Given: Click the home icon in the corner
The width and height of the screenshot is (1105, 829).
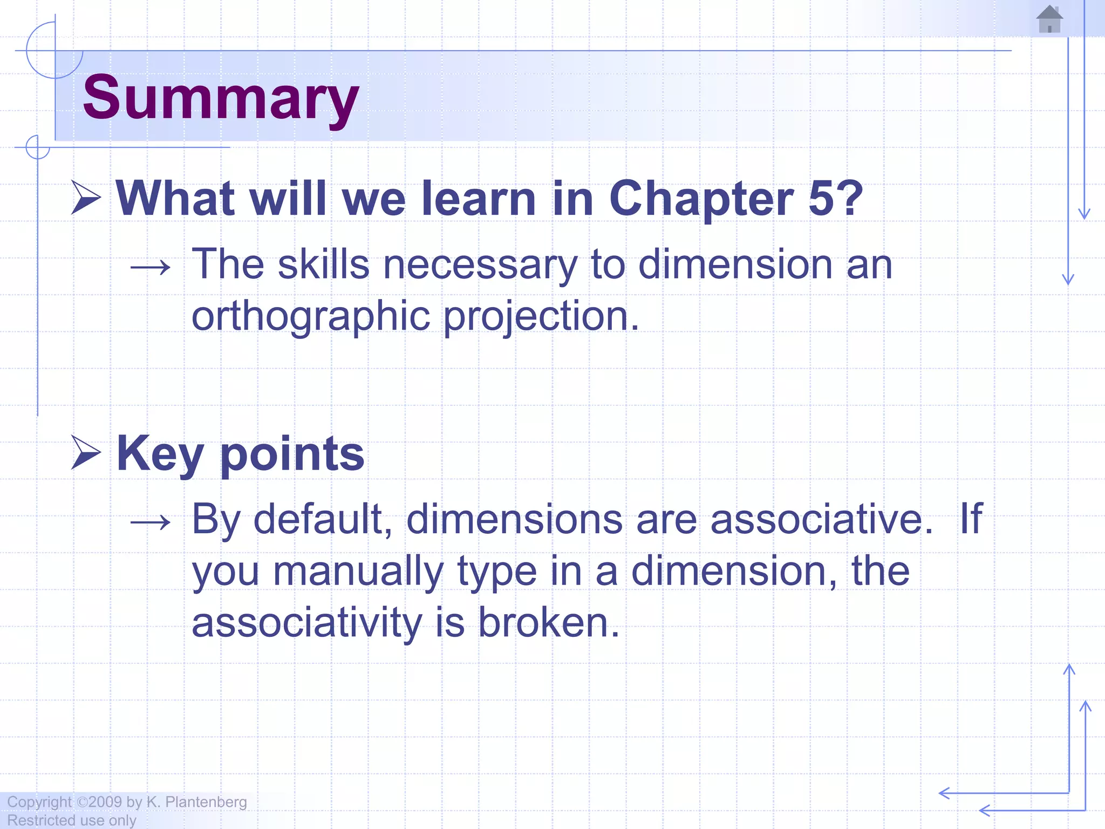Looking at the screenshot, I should [1049, 19].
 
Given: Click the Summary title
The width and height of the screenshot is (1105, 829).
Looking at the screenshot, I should [221, 98].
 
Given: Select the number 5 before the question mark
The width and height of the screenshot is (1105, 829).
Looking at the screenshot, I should [821, 199].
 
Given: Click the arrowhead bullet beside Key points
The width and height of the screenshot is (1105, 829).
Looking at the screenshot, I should [86, 452].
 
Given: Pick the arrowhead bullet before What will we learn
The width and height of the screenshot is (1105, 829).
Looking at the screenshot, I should [86, 198].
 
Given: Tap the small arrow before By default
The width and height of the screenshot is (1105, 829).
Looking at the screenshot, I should [151, 522].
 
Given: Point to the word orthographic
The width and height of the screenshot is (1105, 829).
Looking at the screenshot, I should [311, 317].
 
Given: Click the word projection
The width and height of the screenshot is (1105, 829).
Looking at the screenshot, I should [541, 317].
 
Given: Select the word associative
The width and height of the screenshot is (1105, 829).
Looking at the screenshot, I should [821, 519].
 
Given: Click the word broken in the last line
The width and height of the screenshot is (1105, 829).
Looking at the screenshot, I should [549, 623].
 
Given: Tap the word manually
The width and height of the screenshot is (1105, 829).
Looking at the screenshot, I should [358, 572].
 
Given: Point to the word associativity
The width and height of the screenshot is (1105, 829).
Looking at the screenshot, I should [306, 623].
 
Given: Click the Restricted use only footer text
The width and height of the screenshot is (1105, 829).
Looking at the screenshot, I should [72, 820].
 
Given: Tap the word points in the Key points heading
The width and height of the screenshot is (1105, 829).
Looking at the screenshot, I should [292, 454].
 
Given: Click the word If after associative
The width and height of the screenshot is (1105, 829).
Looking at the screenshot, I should [971, 519].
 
